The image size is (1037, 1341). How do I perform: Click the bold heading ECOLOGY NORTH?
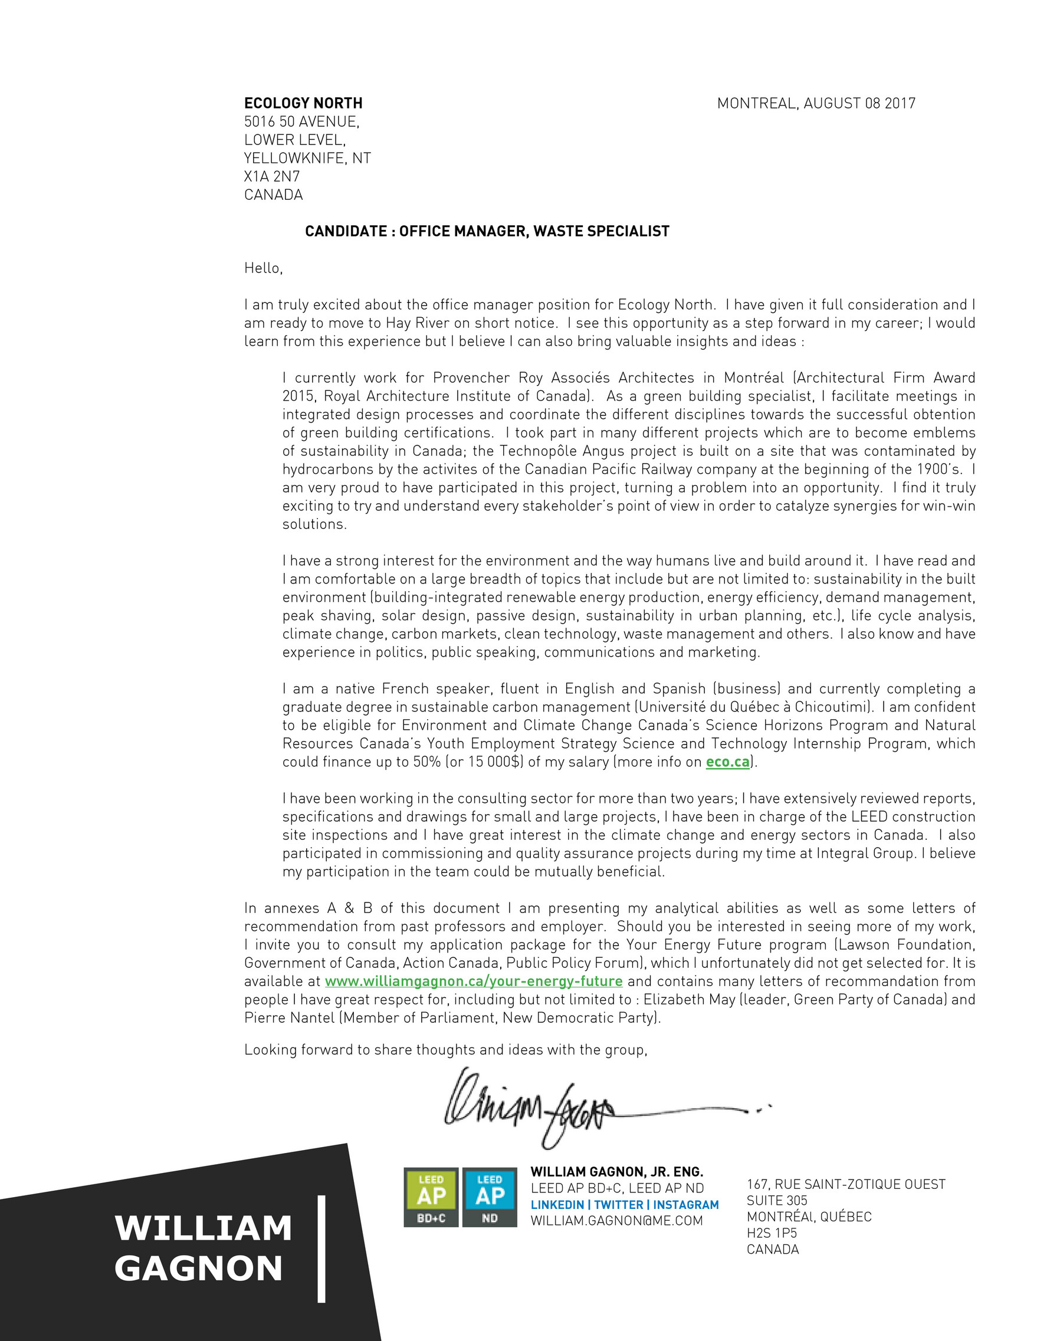(x=303, y=103)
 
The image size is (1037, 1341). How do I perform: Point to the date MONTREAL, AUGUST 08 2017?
(x=816, y=103)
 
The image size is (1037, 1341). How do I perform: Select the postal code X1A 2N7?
(x=271, y=177)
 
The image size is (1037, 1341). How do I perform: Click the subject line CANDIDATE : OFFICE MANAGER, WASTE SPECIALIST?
(x=487, y=232)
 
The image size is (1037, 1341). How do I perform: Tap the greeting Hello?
(x=263, y=268)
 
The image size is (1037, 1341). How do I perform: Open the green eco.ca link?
(x=727, y=762)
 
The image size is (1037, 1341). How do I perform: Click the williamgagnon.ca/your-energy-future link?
(x=474, y=981)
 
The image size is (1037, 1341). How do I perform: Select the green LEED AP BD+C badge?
(x=431, y=1197)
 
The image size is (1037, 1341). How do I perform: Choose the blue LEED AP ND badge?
(x=490, y=1197)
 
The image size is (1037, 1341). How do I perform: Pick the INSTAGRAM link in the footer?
(x=685, y=1205)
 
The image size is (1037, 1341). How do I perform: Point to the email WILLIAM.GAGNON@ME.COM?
(x=617, y=1221)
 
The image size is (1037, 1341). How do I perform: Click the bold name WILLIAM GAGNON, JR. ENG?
(x=617, y=1172)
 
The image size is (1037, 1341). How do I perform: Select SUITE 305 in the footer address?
(x=776, y=1200)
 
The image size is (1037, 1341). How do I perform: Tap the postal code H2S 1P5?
(x=771, y=1233)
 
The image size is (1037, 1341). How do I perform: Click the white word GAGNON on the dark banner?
(x=198, y=1268)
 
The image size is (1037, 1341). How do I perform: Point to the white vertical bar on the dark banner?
(x=321, y=1249)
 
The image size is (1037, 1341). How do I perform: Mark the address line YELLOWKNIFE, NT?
(x=307, y=159)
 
